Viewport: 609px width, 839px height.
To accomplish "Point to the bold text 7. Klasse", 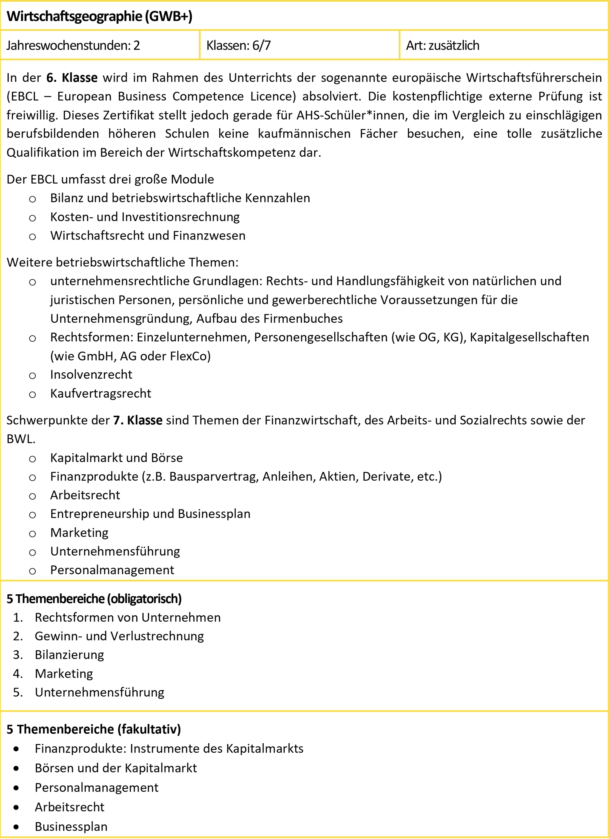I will click(x=138, y=420).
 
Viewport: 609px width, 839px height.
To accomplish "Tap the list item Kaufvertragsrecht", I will click(x=101, y=393).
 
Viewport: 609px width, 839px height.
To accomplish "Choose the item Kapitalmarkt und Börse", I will click(x=116, y=458).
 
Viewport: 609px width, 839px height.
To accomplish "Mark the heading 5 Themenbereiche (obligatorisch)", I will click(x=94, y=599).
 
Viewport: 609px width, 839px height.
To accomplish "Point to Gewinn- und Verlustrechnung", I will click(x=119, y=636).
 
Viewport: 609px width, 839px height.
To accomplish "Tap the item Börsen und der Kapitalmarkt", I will click(x=116, y=768).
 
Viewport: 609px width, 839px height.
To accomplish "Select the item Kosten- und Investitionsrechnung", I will click(x=145, y=217).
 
